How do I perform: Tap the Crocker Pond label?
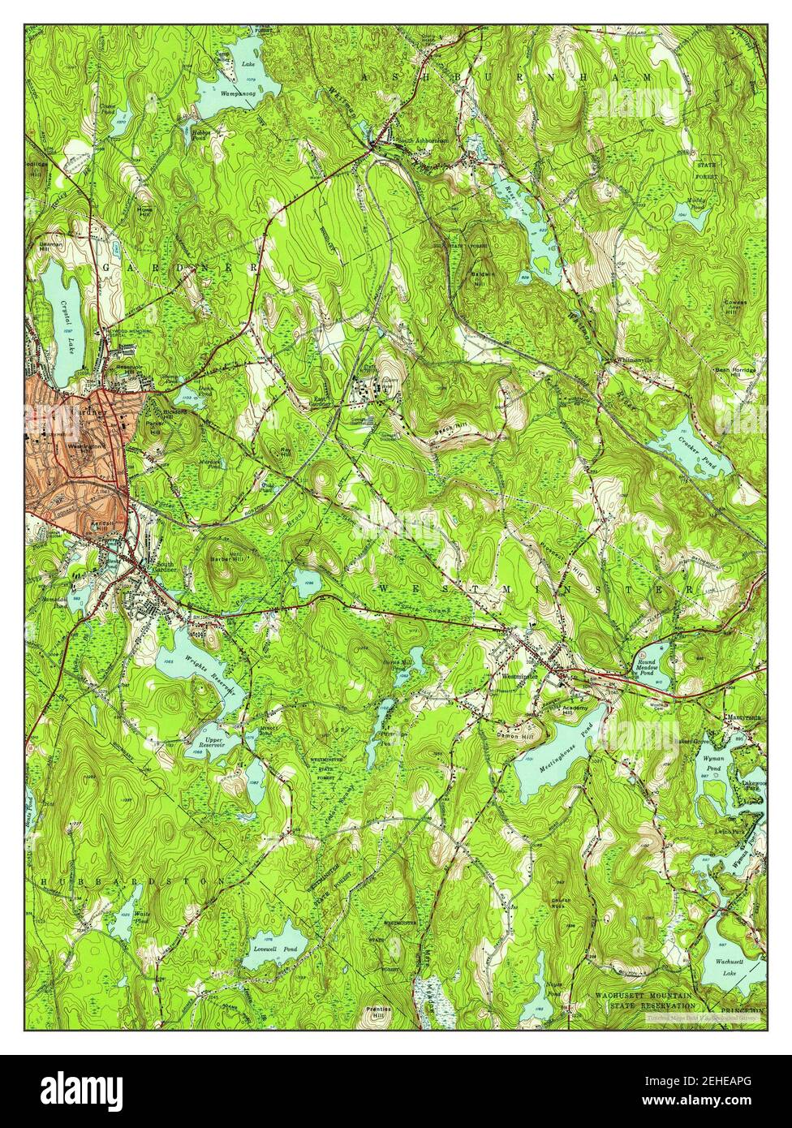click(x=694, y=457)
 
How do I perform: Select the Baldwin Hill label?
click(x=484, y=279)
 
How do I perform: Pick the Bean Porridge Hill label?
click(x=734, y=374)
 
